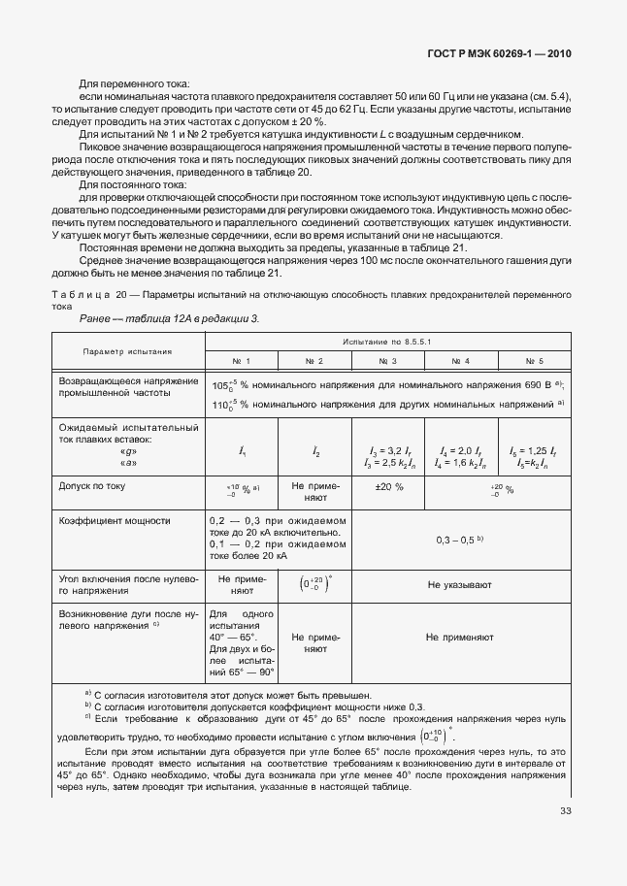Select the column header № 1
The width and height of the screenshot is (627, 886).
tap(242, 360)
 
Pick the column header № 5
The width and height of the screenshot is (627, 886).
tap(534, 360)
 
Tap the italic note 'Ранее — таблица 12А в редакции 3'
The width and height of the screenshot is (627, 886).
tap(168, 317)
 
